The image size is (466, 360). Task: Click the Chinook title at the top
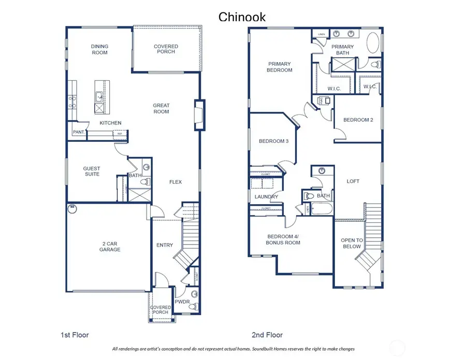click(x=242, y=17)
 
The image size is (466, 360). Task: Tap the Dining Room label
click(x=100, y=49)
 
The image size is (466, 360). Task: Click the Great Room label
click(x=161, y=108)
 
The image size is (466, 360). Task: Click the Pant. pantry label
click(x=78, y=132)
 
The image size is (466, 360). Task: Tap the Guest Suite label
click(x=92, y=171)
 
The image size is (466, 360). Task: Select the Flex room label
click(x=176, y=182)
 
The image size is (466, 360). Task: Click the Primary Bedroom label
click(x=280, y=67)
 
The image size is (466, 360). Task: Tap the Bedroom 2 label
click(x=358, y=120)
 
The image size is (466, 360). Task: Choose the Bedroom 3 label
click(x=273, y=141)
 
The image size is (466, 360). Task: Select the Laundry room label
click(x=266, y=197)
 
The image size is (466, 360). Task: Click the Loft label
click(x=353, y=181)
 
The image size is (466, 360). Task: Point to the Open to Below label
click(x=352, y=243)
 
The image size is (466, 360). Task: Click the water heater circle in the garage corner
click(x=72, y=209)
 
